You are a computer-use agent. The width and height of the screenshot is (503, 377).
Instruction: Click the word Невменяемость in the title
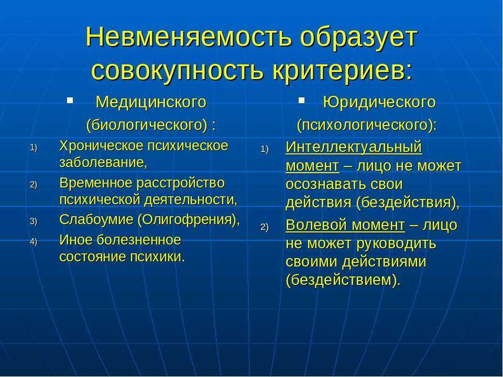pyautogui.click(x=189, y=37)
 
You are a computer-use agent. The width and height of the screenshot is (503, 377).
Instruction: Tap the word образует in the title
pyautogui.click(x=358, y=38)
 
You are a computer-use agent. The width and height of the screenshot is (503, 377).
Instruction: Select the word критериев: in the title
pyautogui.click(x=342, y=70)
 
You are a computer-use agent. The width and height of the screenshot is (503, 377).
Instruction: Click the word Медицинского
pyautogui.click(x=151, y=102)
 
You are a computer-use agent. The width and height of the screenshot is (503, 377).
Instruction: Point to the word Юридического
pyautogui.click(x=379, y=102)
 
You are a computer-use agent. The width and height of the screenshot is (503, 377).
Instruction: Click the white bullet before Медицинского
pyautogui.click(x=70, y=101)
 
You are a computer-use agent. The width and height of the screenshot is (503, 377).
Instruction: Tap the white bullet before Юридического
pyautogui.click(x=301, y=101)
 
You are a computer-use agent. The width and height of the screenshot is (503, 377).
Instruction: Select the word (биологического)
pyautogui.click(x=147, y=125)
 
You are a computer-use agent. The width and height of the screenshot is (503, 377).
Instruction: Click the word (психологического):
pyautogui.click(x=367, y=125)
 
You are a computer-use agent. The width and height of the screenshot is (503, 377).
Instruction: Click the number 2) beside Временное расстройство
pyautogui.click(x=34, y=185)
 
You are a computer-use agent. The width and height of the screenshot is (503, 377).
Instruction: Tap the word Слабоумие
pyautogui.click(x=96, y=220)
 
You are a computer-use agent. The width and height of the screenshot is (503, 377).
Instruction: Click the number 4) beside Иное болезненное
pyautogui.click(x=34, y=241)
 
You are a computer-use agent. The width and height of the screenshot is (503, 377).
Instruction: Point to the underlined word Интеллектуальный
pyautogui.click(x=354, y=147)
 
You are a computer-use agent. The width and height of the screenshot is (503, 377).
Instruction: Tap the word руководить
pyautogui.click(x=397, y=243)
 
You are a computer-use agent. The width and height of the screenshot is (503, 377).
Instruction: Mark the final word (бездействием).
pyautogui.click(x=343, y=280)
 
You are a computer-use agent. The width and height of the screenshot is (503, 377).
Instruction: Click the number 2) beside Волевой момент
pyautogui.click(x=264, y=227)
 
